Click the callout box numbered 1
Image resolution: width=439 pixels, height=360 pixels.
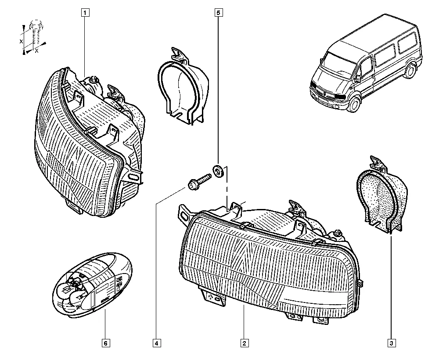click(85, 12)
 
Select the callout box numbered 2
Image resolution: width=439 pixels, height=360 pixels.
click(244, 342)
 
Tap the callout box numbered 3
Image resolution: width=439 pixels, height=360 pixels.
click(390, 342)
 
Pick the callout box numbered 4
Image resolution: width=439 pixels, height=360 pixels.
click(156, 342)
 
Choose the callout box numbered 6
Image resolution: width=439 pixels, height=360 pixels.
click(105, 342)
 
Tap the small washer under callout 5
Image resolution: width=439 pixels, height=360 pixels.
click(218, 170)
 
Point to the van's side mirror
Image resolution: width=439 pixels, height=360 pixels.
click(358, 79)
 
